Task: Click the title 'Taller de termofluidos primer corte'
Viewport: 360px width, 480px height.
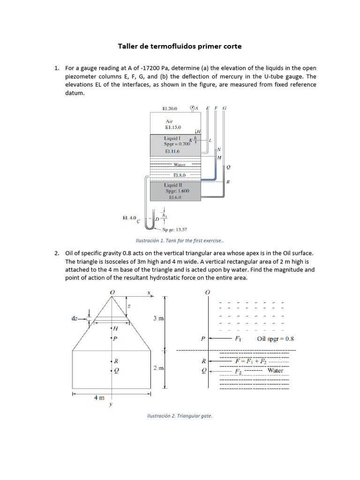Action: pos(180,46)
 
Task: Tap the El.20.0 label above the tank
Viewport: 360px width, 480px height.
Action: pos(170,109)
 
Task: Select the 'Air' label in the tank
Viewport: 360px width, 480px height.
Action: pos(169,121)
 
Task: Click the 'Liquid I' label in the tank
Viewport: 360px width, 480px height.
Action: pos(171,138)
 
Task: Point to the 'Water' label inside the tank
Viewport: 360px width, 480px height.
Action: pos(180,165)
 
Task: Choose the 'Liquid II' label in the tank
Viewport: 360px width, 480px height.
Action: pos(173,185)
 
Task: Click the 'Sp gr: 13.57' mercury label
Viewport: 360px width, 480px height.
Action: pos(175,230)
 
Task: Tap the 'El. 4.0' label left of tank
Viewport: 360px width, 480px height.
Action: pos(129,217)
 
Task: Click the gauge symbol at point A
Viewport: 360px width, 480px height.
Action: pos(192,108)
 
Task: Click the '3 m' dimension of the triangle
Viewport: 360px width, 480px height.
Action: pos(158,319)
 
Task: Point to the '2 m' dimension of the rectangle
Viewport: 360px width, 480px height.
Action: pos(158,368)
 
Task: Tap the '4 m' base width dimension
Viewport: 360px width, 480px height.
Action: pos(99,397)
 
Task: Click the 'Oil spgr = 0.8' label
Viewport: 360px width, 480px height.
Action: pos(275,339)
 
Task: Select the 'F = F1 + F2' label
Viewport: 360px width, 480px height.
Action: pos(251,361)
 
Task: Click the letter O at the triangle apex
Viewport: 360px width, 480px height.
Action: pos(112,292)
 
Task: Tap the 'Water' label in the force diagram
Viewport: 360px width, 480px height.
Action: pos(275,370)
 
